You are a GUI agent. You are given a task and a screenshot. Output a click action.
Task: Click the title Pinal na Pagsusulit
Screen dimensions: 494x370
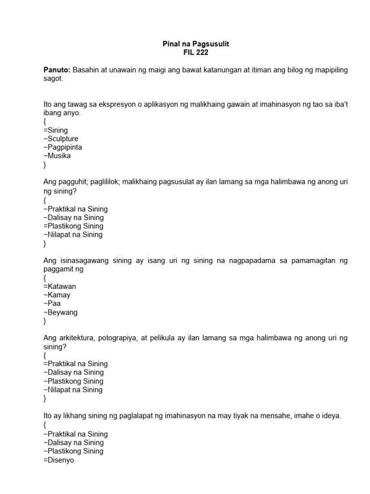196,44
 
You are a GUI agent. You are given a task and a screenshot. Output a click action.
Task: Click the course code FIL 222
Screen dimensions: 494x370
196,53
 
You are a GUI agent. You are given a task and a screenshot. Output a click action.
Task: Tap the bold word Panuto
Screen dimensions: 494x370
57,70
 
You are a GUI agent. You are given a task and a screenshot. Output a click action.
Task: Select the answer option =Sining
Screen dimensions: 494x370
55,130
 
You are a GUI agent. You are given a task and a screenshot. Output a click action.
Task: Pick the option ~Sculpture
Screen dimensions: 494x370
61,139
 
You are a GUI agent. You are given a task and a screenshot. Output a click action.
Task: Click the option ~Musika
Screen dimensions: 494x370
57,156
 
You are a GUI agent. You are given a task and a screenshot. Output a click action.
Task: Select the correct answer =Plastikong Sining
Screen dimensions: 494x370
73,226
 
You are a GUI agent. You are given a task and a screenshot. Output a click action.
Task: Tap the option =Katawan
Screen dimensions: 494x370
59,287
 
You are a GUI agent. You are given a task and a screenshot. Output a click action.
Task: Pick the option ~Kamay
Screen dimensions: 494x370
57,295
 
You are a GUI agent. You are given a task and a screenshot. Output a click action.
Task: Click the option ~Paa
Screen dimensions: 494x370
52,303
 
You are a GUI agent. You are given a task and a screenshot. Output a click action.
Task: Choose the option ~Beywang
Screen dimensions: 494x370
60,312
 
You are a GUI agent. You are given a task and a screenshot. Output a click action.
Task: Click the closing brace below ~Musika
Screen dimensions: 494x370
45,165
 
